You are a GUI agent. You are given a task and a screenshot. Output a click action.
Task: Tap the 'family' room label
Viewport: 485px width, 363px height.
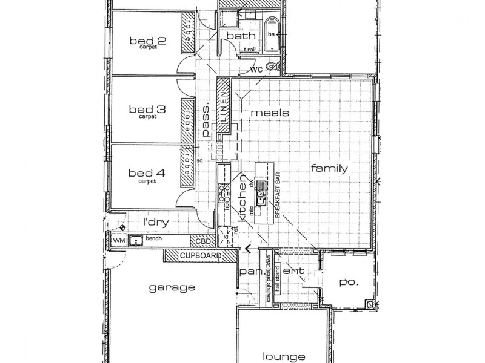329,169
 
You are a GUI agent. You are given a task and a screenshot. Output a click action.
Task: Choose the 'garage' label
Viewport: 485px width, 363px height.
172,288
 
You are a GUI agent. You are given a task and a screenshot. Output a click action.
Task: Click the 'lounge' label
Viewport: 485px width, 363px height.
283,357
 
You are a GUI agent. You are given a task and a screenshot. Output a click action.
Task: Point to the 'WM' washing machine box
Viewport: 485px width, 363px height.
119,241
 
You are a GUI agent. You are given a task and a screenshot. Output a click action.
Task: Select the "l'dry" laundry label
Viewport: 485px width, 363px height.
155,222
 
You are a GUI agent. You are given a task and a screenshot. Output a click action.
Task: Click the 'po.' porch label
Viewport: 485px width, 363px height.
347,281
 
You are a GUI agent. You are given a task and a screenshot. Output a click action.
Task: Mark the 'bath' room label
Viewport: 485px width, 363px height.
236,38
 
